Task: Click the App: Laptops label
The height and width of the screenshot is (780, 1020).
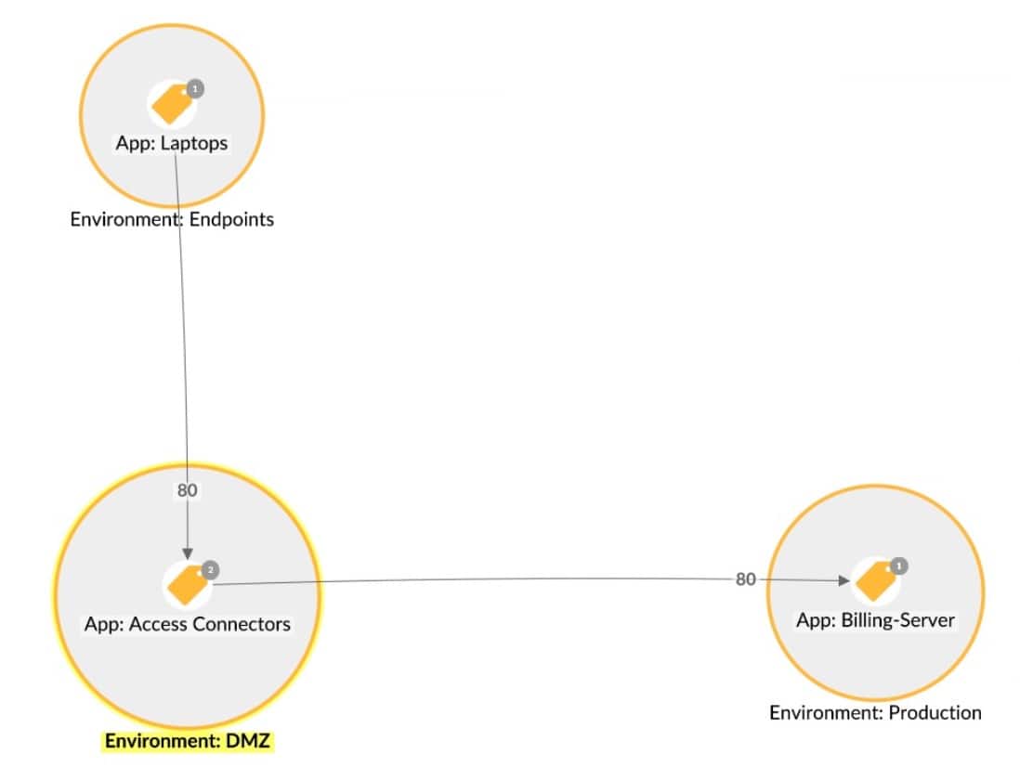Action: click(172, 144)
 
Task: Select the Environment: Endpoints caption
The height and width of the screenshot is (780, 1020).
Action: click(172, 220)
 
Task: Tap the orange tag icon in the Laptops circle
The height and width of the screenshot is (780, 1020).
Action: click(171, 105)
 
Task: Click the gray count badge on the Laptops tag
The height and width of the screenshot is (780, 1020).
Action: click(194, 89)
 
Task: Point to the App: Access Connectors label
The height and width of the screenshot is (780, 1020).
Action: click(188, 624)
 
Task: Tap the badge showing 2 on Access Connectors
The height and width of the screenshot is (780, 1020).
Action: click(210, 569)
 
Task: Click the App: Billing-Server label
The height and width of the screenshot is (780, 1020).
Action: click(875, 619)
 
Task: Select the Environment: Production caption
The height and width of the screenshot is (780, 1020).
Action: click(875, 712)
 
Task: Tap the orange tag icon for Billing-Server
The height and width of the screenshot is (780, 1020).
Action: click(874, 581)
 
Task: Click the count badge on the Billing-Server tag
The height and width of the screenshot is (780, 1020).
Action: click(898, 565)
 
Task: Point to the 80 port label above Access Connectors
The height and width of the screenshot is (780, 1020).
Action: click(188, 489)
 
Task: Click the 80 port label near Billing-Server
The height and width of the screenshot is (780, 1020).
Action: click(745, 579)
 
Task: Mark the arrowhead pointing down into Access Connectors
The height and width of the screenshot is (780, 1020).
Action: click(189, 552)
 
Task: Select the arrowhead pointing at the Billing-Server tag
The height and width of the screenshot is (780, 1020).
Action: click(843, 580)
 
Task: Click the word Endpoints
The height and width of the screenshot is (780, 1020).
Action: click(230, 220)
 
